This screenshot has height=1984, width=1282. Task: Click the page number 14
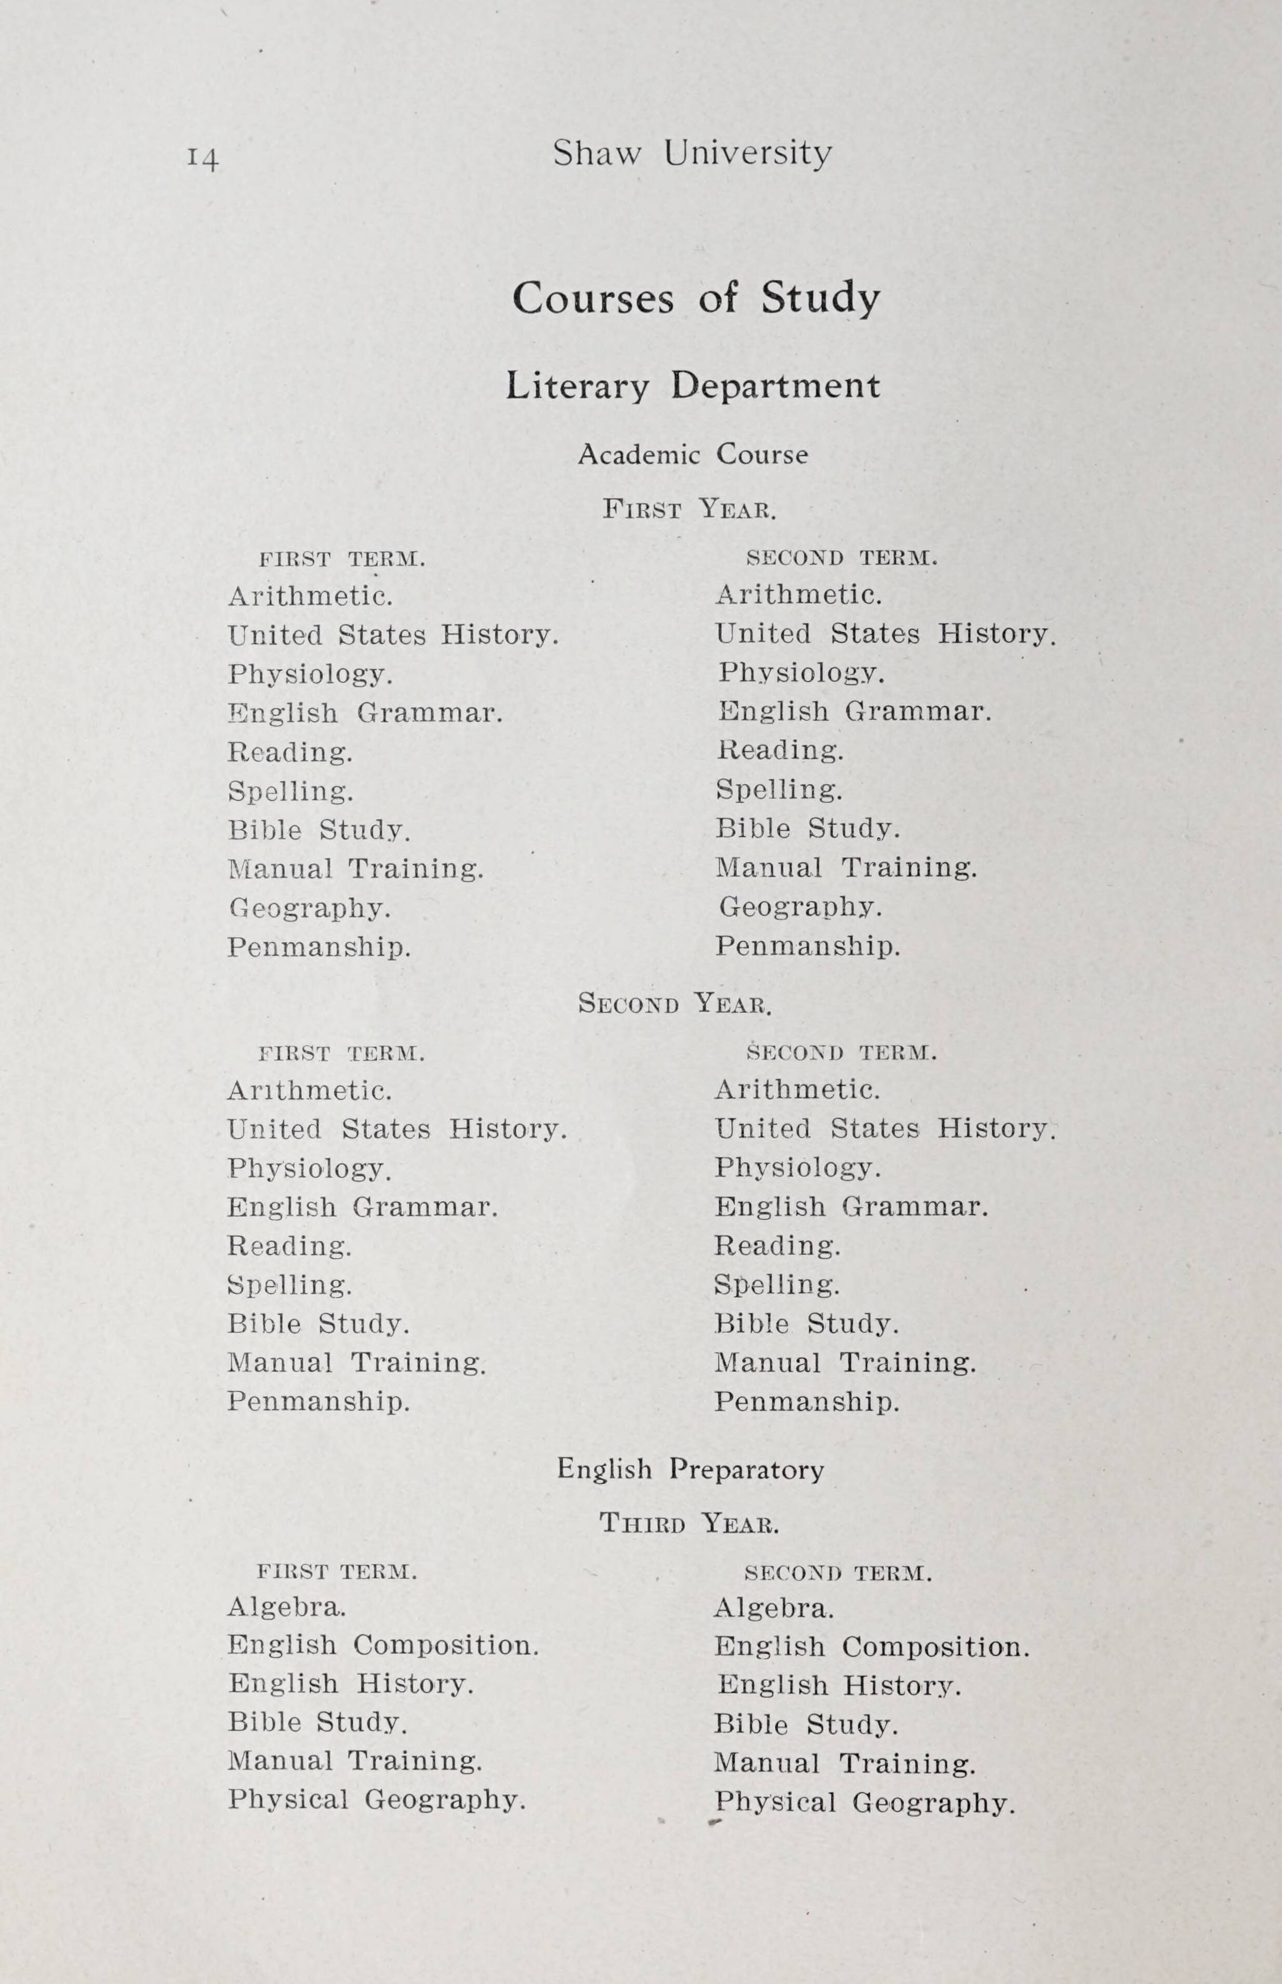coord(203,156)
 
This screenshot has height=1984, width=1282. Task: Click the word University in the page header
coord(748,154)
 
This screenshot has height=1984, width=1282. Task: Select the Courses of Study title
coord(695,298)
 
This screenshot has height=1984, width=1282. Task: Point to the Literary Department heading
coord(693,386)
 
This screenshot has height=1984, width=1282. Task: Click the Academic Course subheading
coord(693,455)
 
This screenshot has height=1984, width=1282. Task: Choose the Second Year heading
coord(675,1004)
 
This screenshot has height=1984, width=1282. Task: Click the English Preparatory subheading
coord(690,1469)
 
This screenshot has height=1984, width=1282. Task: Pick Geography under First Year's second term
coord(799,907)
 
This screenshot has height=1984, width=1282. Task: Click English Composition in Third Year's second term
coord(871,1647)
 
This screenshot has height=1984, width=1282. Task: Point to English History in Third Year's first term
coord(350,1684)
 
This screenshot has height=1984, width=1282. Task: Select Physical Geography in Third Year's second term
coord(864,1803)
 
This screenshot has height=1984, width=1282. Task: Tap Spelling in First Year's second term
coord(779,789)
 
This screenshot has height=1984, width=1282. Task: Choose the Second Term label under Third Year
coord(838,1573)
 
